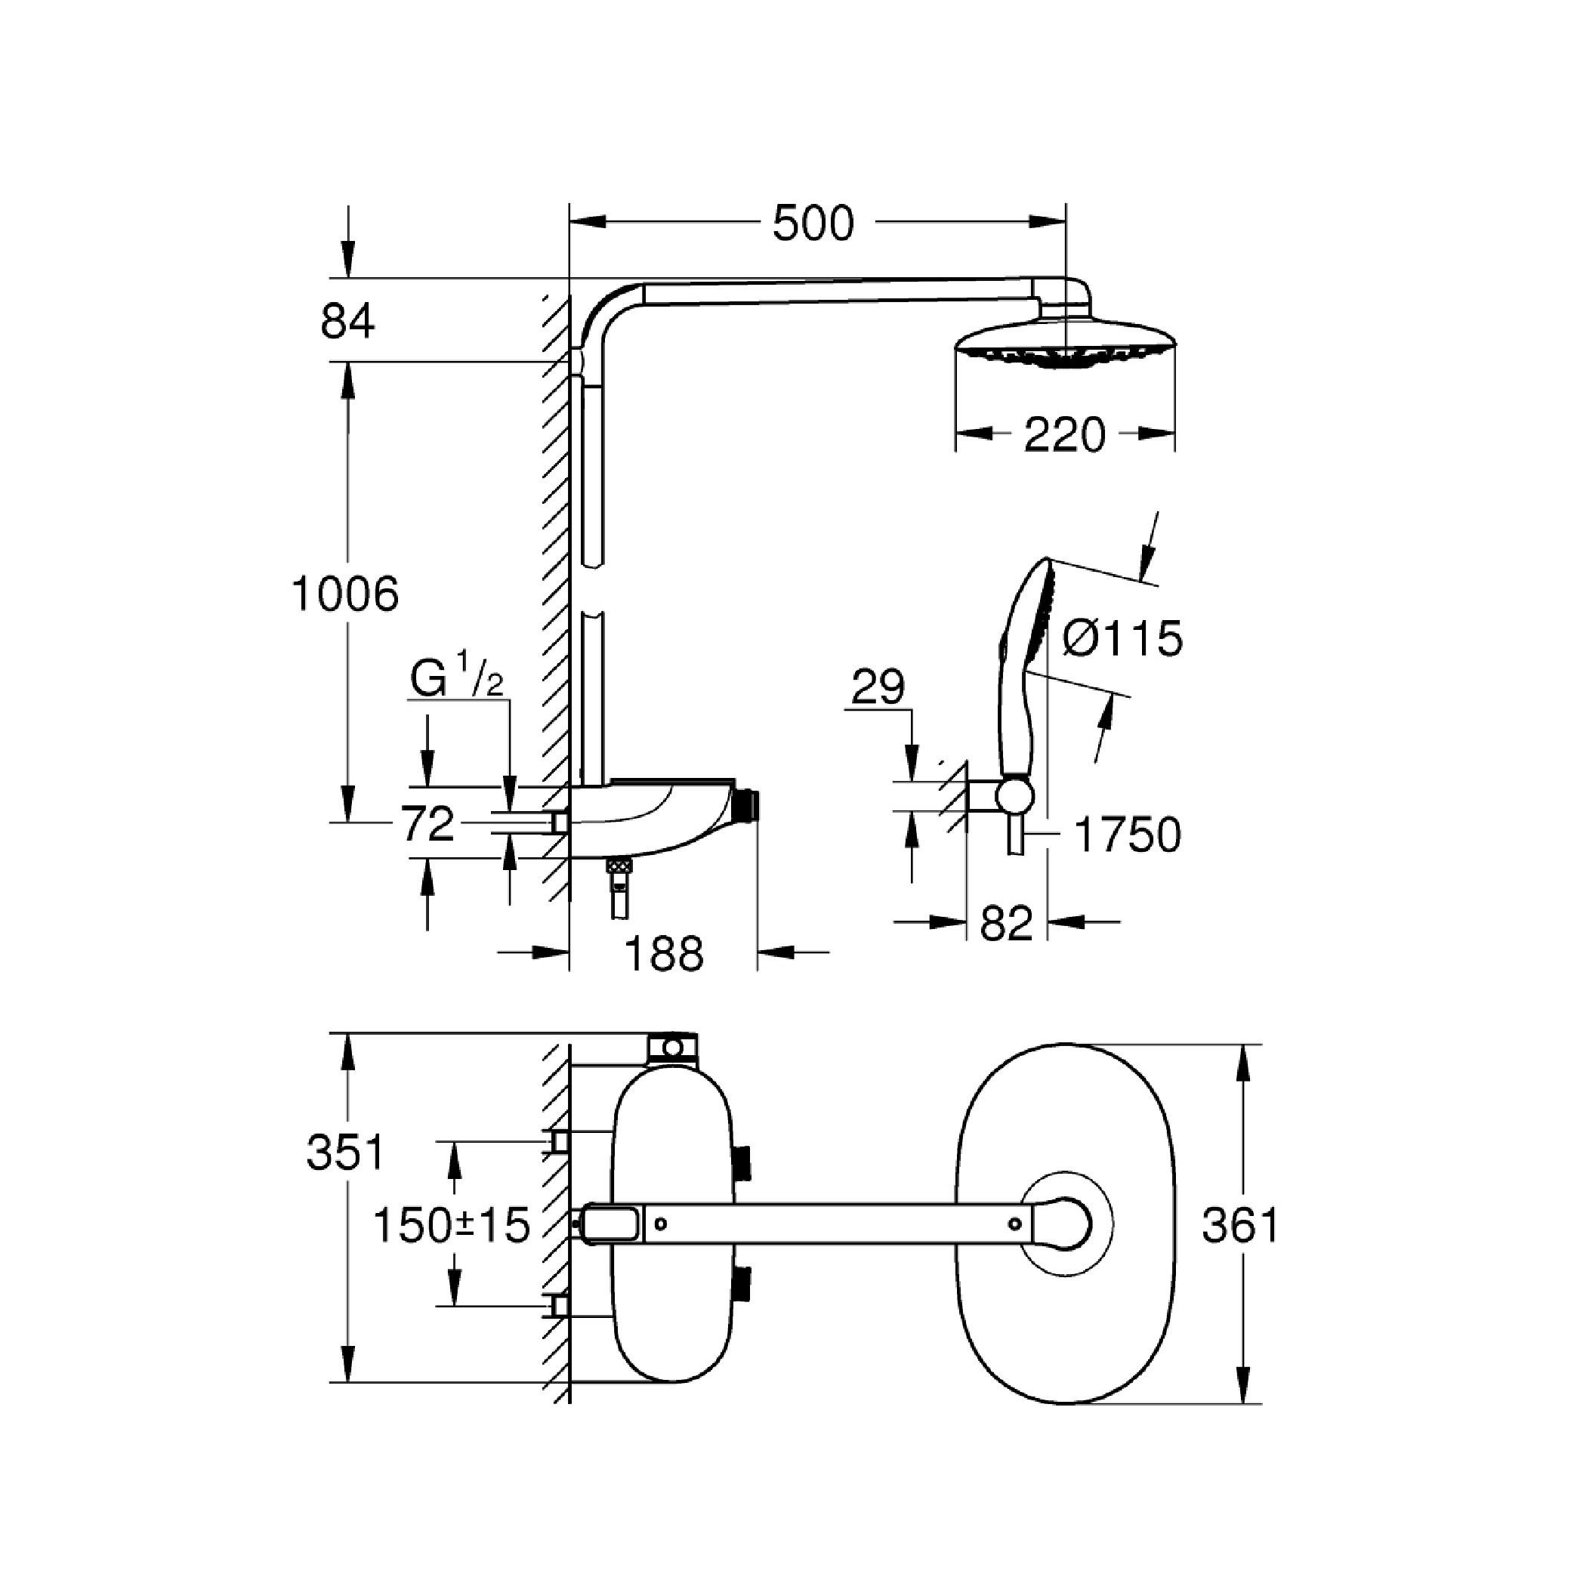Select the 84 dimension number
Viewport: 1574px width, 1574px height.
point(347,321)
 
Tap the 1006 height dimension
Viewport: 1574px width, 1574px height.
point(344,593)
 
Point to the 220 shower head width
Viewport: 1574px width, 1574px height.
point(1064,434)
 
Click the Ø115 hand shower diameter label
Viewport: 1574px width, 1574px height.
point(1122,638)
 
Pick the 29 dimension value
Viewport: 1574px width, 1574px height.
point(878,687)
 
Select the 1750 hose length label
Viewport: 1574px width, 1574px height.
point(1128,835)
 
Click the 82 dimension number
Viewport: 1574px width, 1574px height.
point(1006,924)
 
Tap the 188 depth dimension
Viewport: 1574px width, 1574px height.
point(663,953)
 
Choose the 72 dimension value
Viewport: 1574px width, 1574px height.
point(427,824)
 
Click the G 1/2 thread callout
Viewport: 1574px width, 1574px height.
point(456,677)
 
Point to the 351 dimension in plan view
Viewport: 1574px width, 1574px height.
point(344,1153)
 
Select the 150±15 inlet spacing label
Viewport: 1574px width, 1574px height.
point(452,1224)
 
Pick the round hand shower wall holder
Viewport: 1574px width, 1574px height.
point(1016,795)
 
